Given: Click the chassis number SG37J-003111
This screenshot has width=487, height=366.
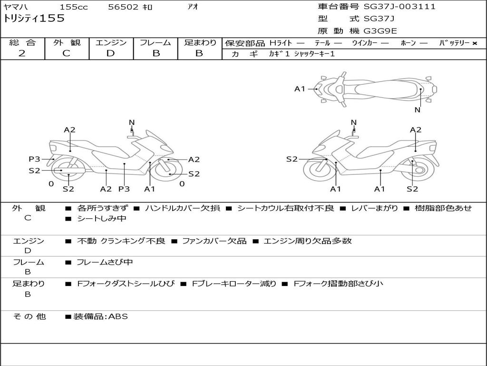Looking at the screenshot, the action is click(x=399, y=7).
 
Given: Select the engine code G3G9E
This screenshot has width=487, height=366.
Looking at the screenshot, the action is click(x=380, y=31).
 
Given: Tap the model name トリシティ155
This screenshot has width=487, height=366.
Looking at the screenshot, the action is click(x=34, y=19).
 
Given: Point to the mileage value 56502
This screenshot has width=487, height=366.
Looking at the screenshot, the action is click(x=123, y=7).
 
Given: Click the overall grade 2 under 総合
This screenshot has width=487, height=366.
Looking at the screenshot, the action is click(x=22, y=53).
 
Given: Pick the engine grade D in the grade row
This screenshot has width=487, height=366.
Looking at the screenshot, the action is click(x=110, y=53).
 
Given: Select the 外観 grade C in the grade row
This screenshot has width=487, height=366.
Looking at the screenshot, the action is click(x=66, y=53).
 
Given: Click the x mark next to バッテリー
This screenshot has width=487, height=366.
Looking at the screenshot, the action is click(x=475, y=43).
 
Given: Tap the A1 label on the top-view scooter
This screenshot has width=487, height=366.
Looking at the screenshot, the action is click(x=300, y=89).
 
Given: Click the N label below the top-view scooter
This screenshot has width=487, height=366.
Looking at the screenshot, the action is click(x=418, y=110).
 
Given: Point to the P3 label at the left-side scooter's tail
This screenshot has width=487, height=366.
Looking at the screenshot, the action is click(x=34, y=159).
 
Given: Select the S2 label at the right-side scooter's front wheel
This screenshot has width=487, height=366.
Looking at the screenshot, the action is click(x=292, y=159).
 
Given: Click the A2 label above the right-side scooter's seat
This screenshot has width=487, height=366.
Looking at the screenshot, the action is click(x=416, y=130).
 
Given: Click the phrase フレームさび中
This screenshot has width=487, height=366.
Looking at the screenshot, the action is click(x=105, y=262).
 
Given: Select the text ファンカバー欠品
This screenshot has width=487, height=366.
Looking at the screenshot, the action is click(x=214, y=241).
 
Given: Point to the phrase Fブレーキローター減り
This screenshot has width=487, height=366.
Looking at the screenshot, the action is click(x=234, y=284).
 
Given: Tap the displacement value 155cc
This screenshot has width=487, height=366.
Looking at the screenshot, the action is click(x=74, y=7).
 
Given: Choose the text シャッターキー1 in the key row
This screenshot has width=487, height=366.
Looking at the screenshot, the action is click(x=314, y=54).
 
